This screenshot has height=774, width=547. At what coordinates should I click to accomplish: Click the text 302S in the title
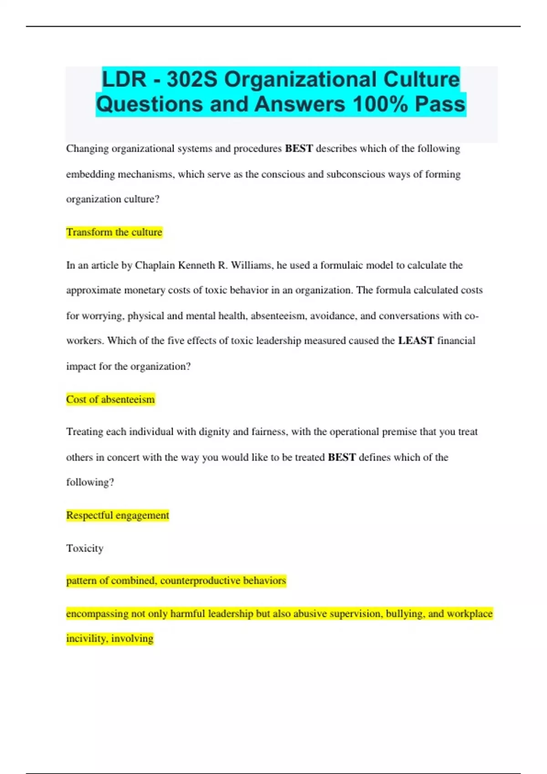pyautogui.click(x=192, y=79)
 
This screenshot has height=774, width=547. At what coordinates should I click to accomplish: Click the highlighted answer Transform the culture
pyautogui.click(x=114, y=232)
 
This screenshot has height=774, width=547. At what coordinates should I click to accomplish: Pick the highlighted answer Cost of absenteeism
pyautogui.click(x=110, y=399)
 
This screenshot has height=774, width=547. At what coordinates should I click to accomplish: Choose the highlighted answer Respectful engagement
pyautogui.click(x=118, y=515)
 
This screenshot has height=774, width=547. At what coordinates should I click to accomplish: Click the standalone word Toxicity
pyautogui.click(x=85, y=548)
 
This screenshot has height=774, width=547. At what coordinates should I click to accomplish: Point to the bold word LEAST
pyautogui.click(x=416, y=341)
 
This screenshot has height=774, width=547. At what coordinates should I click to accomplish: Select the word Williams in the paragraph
pyautogui.click(x=251, y=265)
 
